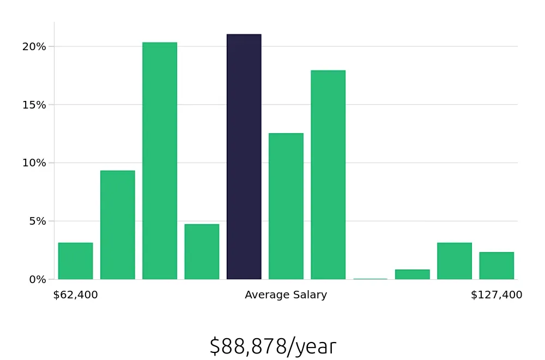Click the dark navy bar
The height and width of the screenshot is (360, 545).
pos(244,157)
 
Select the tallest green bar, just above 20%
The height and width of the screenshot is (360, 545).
pos(160,161)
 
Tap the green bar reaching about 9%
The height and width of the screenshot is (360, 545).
pos(118,225)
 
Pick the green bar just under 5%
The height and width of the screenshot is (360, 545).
pos(202,251)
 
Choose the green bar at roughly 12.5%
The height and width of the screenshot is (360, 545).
pos(286,206)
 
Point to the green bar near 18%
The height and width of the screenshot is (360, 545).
pos(328,175)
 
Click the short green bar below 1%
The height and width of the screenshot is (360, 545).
pos(413,274)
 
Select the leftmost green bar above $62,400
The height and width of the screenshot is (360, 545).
pos(76,261)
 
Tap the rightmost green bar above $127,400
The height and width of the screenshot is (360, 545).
pos(496,266)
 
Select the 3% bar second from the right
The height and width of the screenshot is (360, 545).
pos(455,261)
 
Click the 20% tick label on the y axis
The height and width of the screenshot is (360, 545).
pos(34,46)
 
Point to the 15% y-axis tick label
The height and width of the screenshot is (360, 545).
pos(34,105)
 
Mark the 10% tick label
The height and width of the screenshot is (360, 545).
pos(34,163)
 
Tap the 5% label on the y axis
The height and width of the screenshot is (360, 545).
pos(37,221)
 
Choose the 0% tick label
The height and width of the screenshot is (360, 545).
pos(37,279)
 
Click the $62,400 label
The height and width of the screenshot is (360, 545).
pos(75,295)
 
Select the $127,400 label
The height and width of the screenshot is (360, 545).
pos(496,295)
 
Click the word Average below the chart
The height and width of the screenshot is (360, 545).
pos(267,295)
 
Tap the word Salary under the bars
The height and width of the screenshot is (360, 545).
pos(309,295)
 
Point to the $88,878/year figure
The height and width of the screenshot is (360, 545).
pos(272,346)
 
